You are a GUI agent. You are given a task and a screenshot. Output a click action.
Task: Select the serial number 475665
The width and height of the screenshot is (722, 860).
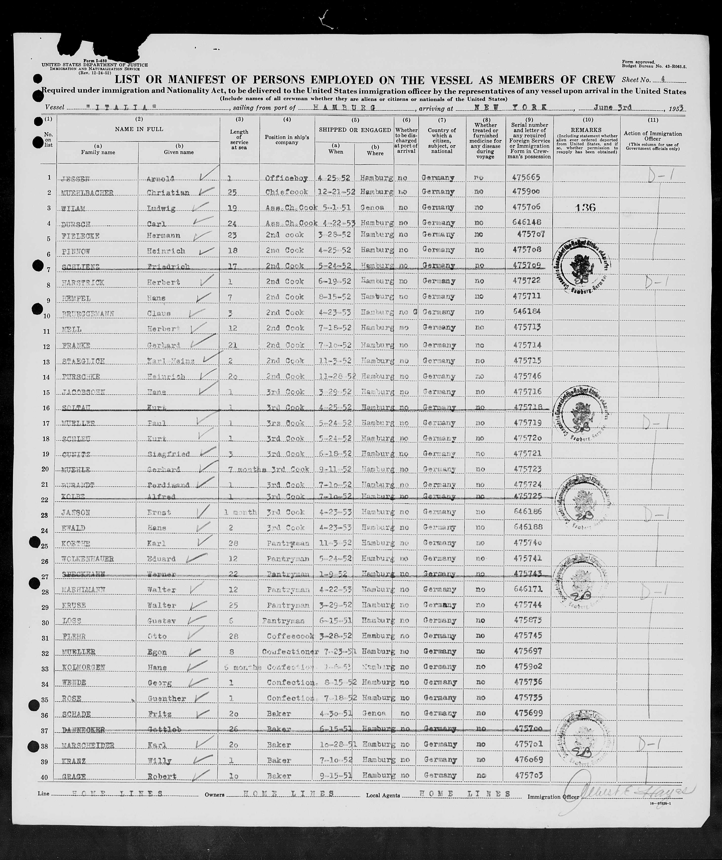pos(526,177)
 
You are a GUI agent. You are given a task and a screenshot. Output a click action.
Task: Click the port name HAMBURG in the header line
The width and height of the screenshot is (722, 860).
pos(344,108)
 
